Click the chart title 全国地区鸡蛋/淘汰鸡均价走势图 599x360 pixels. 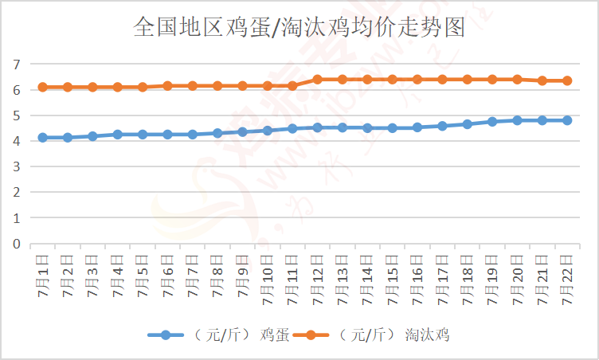[x=299, y=29]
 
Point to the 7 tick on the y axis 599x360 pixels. [x=16, y=64]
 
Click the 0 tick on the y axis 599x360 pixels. [x=16, y=244]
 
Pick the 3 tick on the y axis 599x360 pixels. [x=16, y=166]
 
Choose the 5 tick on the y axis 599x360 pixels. [x=16, y=115]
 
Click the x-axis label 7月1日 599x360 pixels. [x=43, y=276]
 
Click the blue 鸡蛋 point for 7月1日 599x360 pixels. [x=43, y=138]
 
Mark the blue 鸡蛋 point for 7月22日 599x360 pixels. [x=567, y=120]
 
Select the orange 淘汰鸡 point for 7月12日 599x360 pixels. [x=317, y=80]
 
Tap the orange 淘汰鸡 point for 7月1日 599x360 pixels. [x=43, y=87]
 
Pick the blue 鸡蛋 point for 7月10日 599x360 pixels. [x=268, y=131]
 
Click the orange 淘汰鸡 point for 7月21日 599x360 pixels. [x=542, y=80]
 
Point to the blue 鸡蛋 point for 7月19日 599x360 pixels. [x=492, y=122]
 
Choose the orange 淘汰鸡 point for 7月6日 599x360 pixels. [x=167, y=85]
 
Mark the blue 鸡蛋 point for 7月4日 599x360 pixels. [x=118, y=135]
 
